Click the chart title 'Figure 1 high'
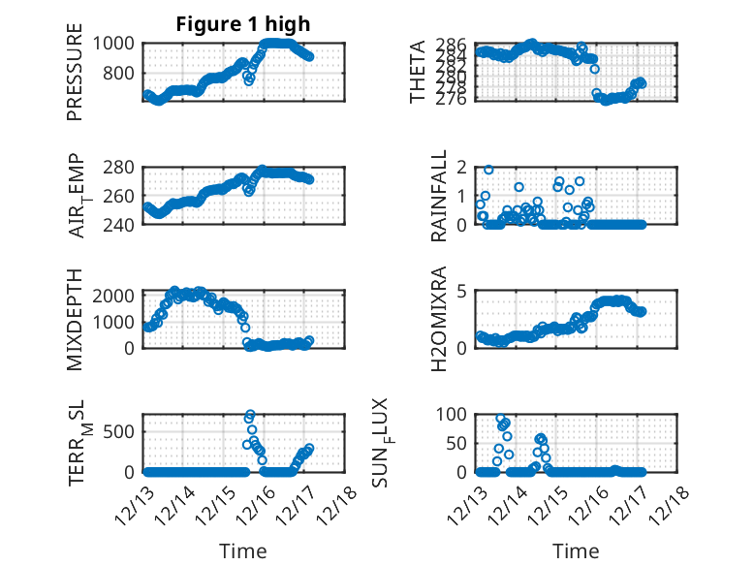(x=242, y=24)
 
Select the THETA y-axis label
(x=418, y=72)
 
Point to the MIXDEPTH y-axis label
(x=75, y=319)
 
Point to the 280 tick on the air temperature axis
(x=124, y=167)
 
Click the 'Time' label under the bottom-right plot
(x=576, y=551)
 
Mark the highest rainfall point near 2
(x=488, y=170)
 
